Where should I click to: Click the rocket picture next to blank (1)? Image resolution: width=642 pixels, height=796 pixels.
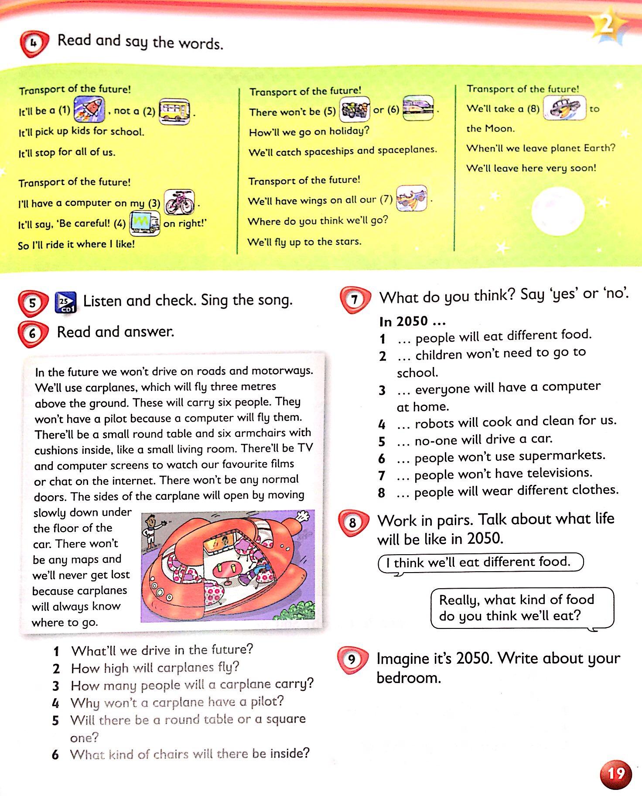coord(89,109)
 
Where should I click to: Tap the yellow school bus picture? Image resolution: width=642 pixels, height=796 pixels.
coord(174,111)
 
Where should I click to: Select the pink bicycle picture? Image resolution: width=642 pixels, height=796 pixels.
coord(179,202)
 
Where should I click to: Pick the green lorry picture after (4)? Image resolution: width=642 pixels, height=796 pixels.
coord(144,223)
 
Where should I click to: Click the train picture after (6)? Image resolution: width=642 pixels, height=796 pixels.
coord(418,108)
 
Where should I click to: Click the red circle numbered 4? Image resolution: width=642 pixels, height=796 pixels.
coord(33,44)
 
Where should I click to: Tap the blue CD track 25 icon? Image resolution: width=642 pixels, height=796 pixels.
coord(65,302)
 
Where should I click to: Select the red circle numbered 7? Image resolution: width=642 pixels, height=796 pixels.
coord(355,299)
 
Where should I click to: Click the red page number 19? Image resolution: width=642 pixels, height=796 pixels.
coord(616,774)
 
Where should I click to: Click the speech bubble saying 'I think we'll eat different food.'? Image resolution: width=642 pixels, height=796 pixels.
coord(480,562)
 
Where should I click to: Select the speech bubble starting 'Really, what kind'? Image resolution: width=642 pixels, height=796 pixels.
coord(522,608)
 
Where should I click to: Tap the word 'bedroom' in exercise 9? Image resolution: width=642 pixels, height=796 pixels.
coord(408,678)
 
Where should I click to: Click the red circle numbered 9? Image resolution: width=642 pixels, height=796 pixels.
coord(352,659)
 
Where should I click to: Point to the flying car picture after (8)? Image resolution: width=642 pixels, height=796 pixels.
coord(565,108)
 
